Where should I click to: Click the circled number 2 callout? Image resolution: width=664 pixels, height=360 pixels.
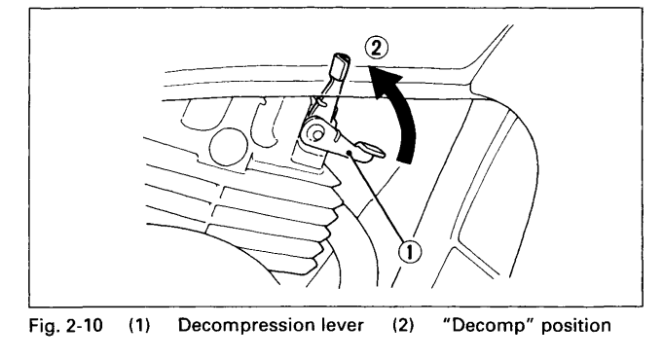(x=376, y=48)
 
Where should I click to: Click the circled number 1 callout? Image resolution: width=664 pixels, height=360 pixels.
(x=410, y=252)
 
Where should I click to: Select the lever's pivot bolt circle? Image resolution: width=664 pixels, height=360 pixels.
(x=316, y=134)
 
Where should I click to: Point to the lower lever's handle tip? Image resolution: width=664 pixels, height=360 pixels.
(x=373, y=150)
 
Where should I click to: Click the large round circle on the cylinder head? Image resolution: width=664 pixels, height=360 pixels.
(x=228, y=147)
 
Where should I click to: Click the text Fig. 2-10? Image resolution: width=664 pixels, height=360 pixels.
(x=65, y=326)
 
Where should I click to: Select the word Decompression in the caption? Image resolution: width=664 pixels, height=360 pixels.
(x=243, y=326)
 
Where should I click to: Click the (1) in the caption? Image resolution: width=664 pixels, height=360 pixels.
(x=140, y=326)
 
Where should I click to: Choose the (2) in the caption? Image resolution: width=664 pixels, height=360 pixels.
(x=403, y=326)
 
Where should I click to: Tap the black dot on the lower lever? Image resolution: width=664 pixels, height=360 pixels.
(x=350, y=153)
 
